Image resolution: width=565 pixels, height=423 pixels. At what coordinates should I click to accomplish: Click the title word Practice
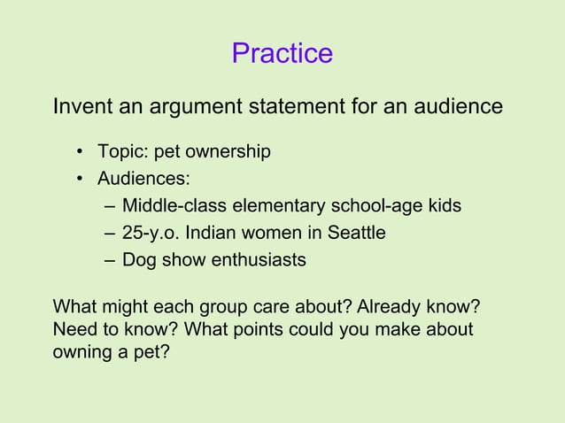282,54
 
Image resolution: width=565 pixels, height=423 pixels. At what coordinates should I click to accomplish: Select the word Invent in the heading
81,107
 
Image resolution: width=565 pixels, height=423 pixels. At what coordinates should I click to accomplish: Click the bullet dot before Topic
80,152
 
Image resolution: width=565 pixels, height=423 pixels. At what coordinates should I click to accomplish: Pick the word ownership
228,152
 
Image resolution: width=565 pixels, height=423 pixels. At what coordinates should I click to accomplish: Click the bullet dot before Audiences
80,179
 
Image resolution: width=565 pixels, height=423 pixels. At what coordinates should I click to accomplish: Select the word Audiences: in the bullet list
143,179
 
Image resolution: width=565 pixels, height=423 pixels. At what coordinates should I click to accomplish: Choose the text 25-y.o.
151,234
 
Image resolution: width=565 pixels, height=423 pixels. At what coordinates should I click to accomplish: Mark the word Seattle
354,234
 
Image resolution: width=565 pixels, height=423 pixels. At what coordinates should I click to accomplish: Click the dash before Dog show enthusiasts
108,261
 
